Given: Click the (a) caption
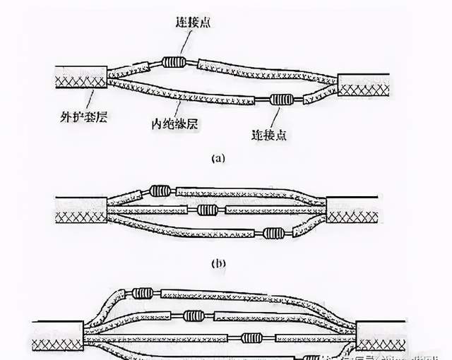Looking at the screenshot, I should click(x=218, y=159).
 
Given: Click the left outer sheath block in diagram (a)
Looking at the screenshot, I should click(x=80, y=83).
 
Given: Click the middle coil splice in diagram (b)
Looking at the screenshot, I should click(x=206, y=210).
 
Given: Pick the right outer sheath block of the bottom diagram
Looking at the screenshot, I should click(x=384, y=335).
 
